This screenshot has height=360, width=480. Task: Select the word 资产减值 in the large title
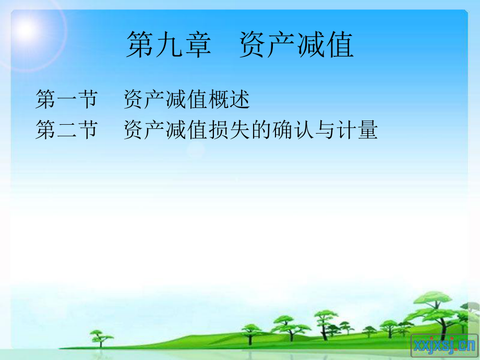click(x=297, y=44)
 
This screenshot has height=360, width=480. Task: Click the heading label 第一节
click(x=66, y=99)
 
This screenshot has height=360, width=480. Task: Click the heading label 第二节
click(x=66, y=130)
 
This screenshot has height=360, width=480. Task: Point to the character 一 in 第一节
click(x=67, y=99)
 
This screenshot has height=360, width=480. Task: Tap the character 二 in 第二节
click(x=67, y=130)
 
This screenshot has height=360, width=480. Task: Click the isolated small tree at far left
click(x=101, y=337)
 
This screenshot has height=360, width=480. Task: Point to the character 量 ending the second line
click(x=368, y=130)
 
